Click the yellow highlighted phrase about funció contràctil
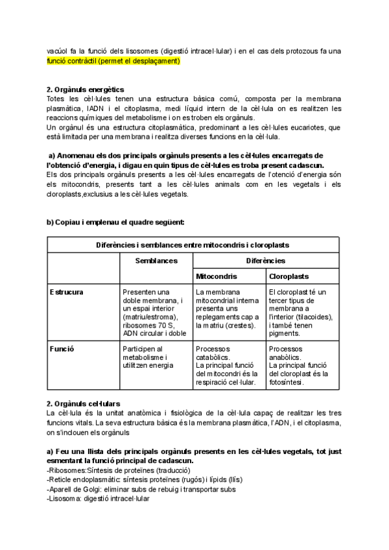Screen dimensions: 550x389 click(113, 61)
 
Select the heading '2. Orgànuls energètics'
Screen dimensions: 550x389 click(86, 90)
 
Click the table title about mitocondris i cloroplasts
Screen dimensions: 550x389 click(193, 245)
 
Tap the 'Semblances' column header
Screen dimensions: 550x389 click(156, 261)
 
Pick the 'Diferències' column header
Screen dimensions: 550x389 click(266, 261)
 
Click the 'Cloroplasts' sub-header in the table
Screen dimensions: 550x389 click(289, 277)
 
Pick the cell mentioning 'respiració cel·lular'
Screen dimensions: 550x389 click(228, 365)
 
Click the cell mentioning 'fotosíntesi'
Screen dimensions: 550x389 click(301, 365)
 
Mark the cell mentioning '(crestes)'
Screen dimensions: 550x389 click(228, 309)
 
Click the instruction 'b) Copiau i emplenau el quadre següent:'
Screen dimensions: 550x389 click(115, 222)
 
